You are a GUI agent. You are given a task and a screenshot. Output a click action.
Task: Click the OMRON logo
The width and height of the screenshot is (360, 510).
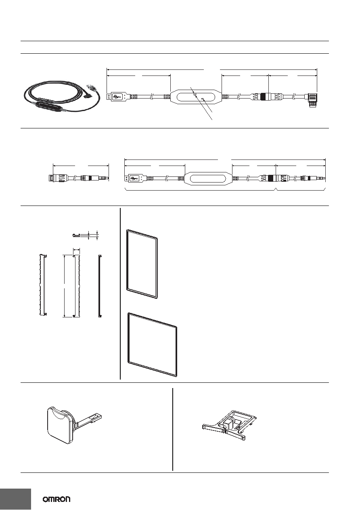point(57,500)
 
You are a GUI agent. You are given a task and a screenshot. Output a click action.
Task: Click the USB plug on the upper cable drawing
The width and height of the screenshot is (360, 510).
point(118,97)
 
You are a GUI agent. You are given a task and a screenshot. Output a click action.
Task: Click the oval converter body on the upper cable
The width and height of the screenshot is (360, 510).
point(196,97)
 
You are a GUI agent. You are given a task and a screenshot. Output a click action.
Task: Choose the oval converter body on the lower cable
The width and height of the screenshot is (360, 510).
point(208,179)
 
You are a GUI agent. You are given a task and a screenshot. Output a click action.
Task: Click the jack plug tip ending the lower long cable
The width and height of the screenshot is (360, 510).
point(320,178)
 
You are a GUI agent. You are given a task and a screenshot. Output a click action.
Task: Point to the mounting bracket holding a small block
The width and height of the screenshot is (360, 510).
point(229,425)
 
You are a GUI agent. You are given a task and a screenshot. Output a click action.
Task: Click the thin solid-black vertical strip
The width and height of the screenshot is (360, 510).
point(100,286)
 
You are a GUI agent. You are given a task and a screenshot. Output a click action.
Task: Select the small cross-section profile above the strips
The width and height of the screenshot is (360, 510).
point(77,235)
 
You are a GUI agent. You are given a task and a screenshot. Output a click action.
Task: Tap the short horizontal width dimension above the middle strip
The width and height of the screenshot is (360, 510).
point(76,250)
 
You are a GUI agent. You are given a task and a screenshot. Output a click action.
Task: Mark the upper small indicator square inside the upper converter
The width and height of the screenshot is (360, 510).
point(195,94)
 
